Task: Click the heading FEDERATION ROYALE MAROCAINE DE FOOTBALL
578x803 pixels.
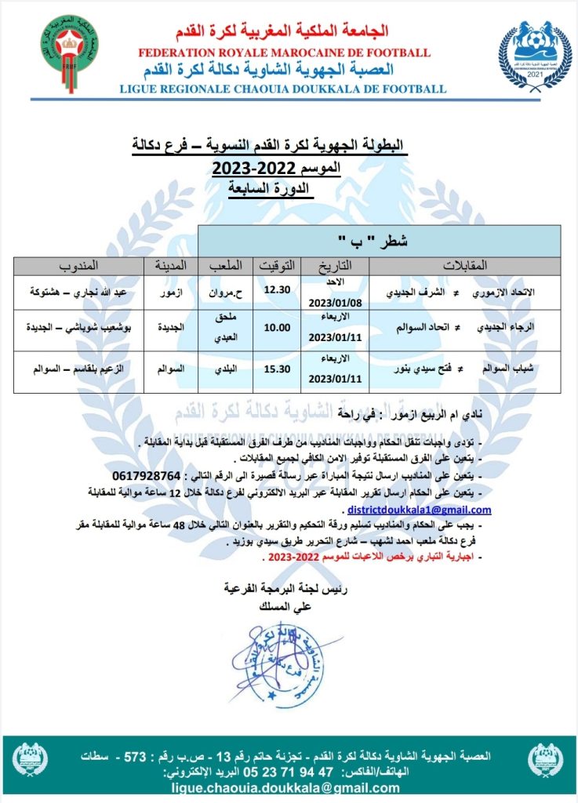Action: [284, 53]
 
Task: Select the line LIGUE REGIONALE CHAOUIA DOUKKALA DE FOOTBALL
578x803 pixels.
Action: [284, 89]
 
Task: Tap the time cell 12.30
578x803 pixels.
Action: [277, 290]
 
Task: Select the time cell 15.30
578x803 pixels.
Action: [277, 367]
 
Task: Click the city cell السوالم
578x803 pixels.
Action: [172, 367]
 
